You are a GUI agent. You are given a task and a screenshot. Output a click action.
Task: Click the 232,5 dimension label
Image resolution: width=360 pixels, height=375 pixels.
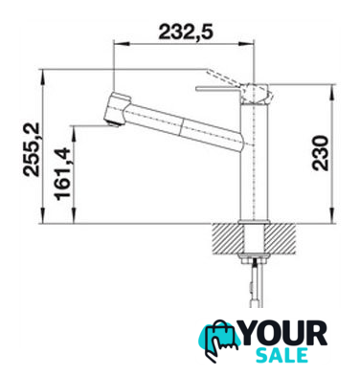(x=185, y=33)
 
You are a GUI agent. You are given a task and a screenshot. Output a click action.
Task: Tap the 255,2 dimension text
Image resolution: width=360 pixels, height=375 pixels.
(x=32, y=149)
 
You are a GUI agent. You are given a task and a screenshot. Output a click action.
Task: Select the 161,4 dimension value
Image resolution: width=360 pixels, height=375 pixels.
(x=62, y=174)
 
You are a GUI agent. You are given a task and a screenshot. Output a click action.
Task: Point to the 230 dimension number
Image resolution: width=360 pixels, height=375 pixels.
(x=320, y=153)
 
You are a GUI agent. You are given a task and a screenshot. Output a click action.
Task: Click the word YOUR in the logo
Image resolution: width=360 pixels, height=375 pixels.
(x=282, y=334)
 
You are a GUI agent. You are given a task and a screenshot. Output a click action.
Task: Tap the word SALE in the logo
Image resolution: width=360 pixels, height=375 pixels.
(x=281, y=355)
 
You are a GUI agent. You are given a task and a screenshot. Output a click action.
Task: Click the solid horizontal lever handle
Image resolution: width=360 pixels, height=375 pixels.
(x=218, y=88)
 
